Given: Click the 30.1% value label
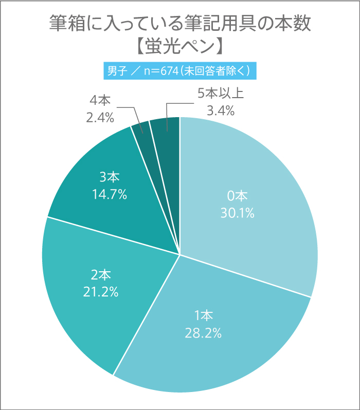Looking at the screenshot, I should (x=238, y=212).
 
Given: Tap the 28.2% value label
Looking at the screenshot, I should (x=203, y=332).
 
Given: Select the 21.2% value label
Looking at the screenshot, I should (x=100, y=292).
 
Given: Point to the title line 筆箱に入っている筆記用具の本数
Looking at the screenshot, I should (x=179, y=23).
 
